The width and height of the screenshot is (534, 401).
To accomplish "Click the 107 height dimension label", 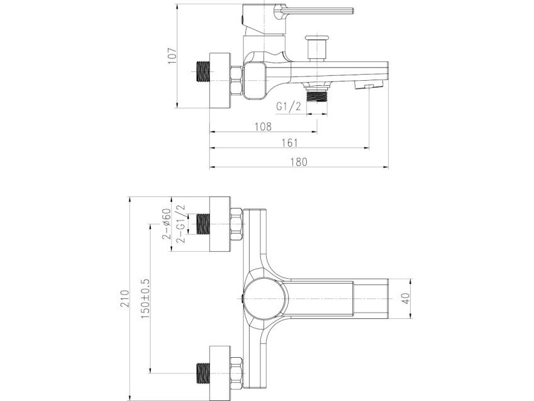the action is point(172,56).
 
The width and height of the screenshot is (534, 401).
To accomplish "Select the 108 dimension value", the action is point(264,127).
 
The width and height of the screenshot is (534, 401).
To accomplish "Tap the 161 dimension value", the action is point(289,142).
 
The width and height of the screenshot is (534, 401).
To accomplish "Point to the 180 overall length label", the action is point(299,162).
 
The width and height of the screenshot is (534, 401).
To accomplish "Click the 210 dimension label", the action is point(125,298).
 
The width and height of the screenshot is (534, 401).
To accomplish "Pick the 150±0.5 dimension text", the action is point(145,299).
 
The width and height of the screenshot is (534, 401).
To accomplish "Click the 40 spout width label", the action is point(406,298).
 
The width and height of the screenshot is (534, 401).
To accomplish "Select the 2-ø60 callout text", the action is point(166,224).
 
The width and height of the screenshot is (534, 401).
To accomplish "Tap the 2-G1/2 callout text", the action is point(181,224).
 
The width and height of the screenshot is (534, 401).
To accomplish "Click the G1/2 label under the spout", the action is point(289,107).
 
